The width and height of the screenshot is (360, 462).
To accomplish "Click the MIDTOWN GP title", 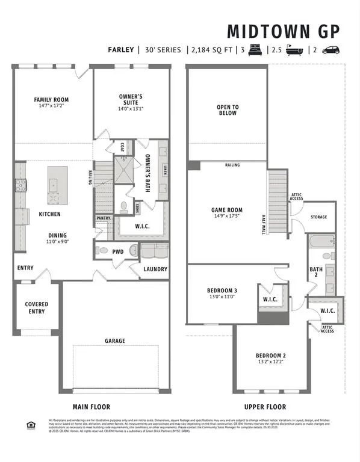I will [x=284, y=31].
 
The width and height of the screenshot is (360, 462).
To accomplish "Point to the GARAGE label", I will [x=115, y=340].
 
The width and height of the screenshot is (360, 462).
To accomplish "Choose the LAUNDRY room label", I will [x=155, y=269].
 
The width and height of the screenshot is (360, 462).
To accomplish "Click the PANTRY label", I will [x=103, y=218].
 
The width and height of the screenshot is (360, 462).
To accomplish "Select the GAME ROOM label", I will [x=226, y=211].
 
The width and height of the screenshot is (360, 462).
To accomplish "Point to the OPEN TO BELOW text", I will [x=227, y=110].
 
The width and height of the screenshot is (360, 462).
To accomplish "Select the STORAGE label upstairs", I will [x=319, y=217].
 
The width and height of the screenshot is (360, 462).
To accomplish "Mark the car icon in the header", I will [x=332, y=51].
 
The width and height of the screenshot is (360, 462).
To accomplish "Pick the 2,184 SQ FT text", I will [x=214, y=51].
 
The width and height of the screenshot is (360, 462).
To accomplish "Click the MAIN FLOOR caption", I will [x=92, y=407].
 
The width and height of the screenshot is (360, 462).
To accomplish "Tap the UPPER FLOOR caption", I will [x=265, y=407].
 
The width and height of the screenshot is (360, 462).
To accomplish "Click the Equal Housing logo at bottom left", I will [x=31, y=425].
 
